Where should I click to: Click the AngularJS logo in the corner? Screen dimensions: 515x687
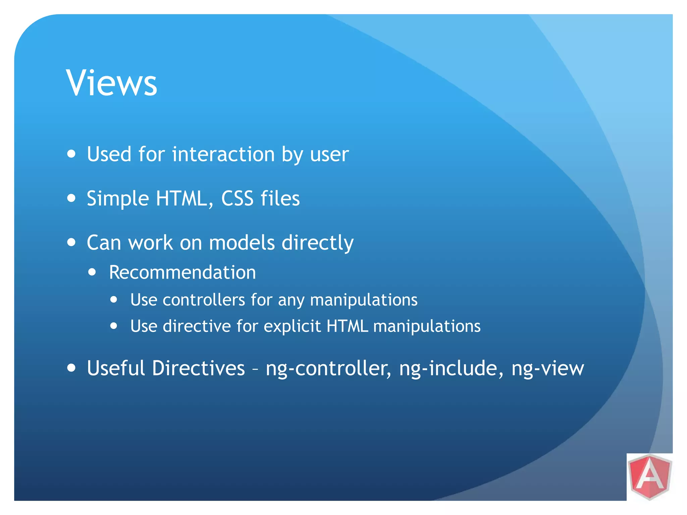[x=650, y=476]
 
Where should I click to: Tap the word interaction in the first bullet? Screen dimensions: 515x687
[x=223, y=154]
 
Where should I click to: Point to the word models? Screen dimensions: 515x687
[x=242, y=242]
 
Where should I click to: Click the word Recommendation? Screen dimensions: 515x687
[x=182, y=272]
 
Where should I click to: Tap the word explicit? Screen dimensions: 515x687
[x=292, y=326]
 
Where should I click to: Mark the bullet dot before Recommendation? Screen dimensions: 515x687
[x=92, y=272]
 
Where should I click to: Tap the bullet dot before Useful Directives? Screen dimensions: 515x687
[x=71, y=368]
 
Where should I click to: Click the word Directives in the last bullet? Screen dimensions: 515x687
[x=198, y=368]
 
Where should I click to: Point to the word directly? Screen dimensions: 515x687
[x=317, y=243]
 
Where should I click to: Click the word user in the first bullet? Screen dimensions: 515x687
[x=329, y=155]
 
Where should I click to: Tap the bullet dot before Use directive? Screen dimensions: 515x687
[x=114, y=326]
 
